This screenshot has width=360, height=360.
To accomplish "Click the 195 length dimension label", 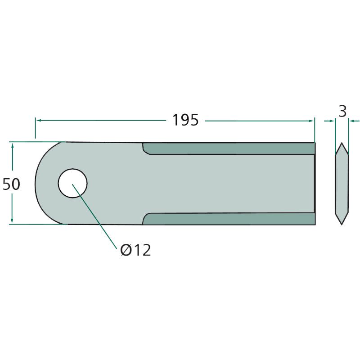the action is tap(185, 120).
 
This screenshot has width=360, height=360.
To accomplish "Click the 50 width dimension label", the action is tap(11, 184).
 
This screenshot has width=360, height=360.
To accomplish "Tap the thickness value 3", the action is tap(342, 111).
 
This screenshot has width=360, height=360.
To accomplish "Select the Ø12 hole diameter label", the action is tap(135, 250).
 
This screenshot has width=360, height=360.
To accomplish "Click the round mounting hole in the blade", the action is tap(72, 183).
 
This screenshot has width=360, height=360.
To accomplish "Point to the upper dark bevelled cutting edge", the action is tap(229, 148).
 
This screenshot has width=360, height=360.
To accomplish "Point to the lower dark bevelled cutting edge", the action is tap(229, 219).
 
